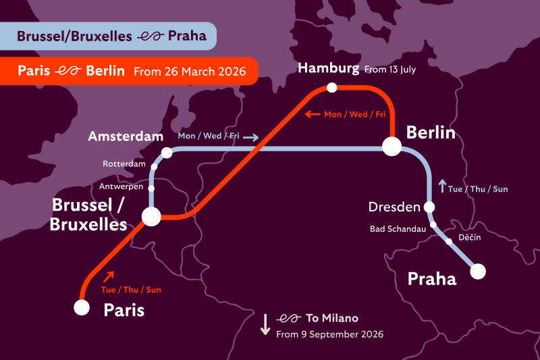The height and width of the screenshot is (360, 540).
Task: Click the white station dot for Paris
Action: [x=82, y=307]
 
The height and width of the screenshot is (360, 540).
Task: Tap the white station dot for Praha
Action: [x=478, y=272]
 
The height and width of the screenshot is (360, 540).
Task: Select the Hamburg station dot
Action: [x=331, y=87]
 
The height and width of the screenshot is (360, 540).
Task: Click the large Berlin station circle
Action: [x=392, y=146]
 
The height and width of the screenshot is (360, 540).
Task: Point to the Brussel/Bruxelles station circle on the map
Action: [x=151, y=216]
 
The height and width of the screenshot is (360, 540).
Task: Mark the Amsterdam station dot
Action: [x=167, y=153]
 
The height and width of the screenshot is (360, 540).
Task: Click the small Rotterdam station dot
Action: [x=155, y=166]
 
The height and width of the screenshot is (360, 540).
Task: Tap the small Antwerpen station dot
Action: [x=151, y=188]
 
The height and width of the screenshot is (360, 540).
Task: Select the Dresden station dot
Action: [x=429, y=207]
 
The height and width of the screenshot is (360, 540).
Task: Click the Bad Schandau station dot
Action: [x=433, y=226]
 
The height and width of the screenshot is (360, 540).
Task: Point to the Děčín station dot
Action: [x=448, y=241]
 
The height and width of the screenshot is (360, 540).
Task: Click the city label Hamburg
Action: [x=328, y=68]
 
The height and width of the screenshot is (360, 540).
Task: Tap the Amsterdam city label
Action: [x=126, y=136]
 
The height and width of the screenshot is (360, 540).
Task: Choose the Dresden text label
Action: [x=394, y=207]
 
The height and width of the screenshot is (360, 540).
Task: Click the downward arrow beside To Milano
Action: [x=265, y=324]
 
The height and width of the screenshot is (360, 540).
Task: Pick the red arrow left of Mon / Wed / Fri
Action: [x=312, y=114]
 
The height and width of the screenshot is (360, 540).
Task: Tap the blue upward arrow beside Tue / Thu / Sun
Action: [x=442, y=184]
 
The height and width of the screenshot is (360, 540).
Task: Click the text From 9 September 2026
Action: [x=329, y=334]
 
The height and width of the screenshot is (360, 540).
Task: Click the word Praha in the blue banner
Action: [x=188, y=36]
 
